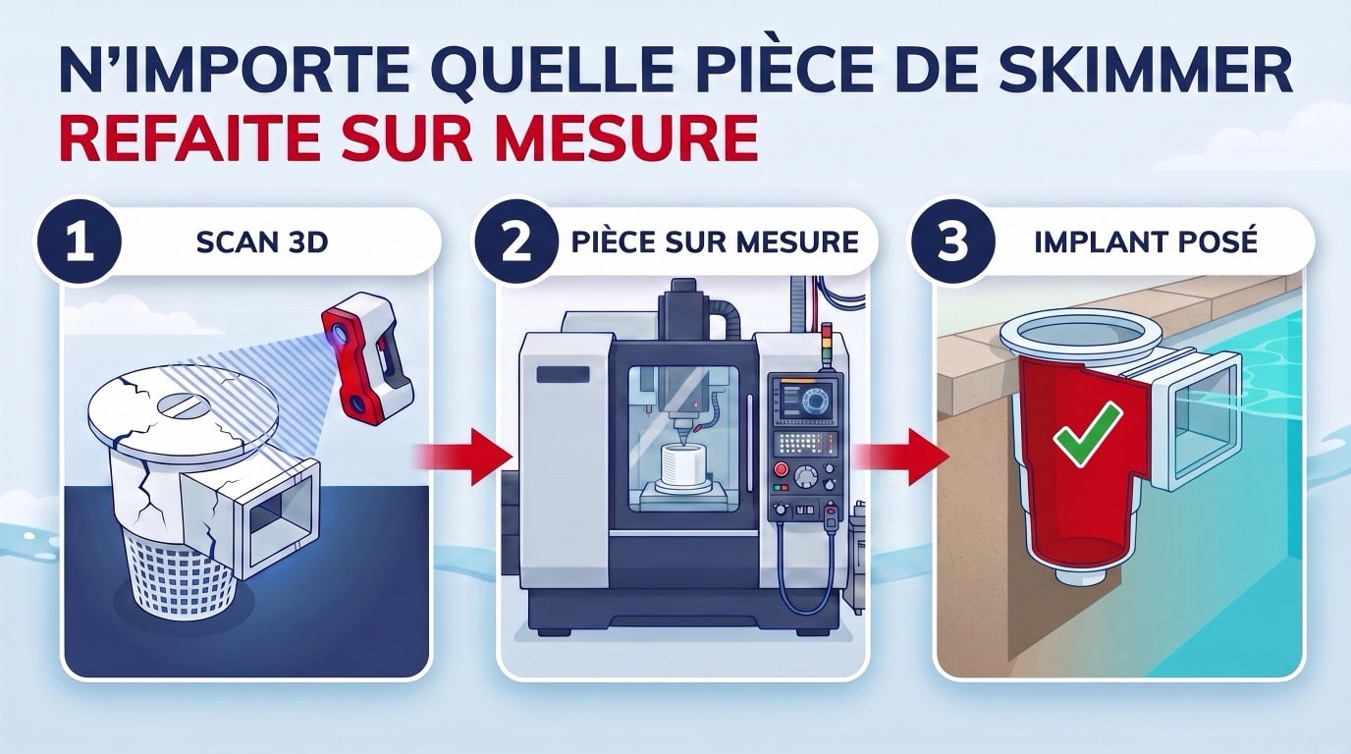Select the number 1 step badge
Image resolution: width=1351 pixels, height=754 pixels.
79,242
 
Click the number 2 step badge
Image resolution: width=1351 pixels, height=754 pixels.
515,242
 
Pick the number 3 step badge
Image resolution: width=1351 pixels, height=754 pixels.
953,242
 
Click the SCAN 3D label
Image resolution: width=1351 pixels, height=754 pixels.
262,242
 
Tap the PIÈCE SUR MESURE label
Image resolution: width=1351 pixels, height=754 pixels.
715,242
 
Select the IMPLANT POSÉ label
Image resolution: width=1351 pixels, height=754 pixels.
1146,242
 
